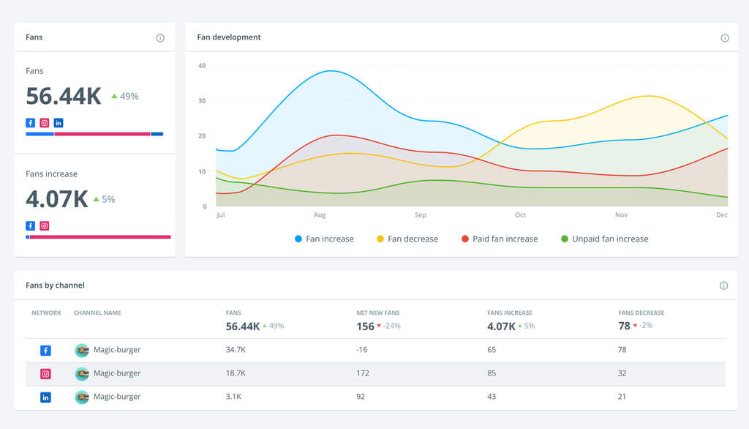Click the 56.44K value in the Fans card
coord(64,96)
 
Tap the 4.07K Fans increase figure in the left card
coord(57,199)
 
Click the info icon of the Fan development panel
coord(725,38)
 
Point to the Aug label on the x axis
coord(320,215)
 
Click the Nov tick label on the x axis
coord(621,215)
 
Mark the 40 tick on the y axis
coord(202,66)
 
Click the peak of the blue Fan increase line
coord(331,71)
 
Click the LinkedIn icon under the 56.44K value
coord(59,123)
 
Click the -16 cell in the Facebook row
coord(362,350)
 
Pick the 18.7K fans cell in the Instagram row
coord(236,373)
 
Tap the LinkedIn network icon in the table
coord(45,397)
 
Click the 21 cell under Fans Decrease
coord(622,397)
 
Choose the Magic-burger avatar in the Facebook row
coord(82,350)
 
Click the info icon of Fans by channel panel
coord(723,286)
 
